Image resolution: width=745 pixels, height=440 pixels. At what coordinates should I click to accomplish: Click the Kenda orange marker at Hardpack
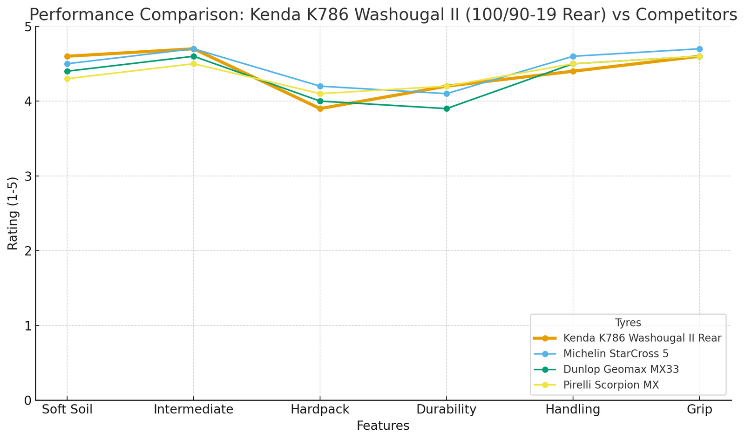coord(320,108)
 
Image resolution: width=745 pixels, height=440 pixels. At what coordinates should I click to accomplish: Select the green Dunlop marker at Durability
coord(447,108)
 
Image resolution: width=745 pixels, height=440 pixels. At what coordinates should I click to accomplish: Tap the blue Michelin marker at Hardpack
coord(320,86)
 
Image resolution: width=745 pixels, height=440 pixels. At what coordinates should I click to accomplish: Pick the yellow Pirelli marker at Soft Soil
coord(67,79)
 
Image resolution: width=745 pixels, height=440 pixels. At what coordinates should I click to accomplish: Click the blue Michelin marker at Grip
coord(699,49)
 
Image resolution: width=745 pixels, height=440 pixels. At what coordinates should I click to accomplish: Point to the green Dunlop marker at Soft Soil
coord(67,71)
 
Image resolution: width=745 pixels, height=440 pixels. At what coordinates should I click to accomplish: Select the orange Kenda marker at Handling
coord(573,71)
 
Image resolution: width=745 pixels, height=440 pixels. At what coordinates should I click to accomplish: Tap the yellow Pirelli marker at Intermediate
coord(194,64)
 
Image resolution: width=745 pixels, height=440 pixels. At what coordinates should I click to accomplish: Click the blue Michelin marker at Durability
coord(447,94)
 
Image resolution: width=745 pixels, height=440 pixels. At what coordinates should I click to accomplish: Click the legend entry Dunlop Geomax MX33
coord(621,369)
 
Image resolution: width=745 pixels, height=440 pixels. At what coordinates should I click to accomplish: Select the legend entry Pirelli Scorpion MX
coord(611,385)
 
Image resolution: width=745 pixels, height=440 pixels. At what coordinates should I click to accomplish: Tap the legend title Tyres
coord(628,323)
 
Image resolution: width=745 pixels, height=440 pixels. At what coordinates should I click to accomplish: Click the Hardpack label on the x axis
coord(320,410)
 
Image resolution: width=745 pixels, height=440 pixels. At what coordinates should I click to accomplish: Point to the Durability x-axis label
coord(447,410)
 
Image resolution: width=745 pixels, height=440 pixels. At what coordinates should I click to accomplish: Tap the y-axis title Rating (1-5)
coord(13,213)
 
